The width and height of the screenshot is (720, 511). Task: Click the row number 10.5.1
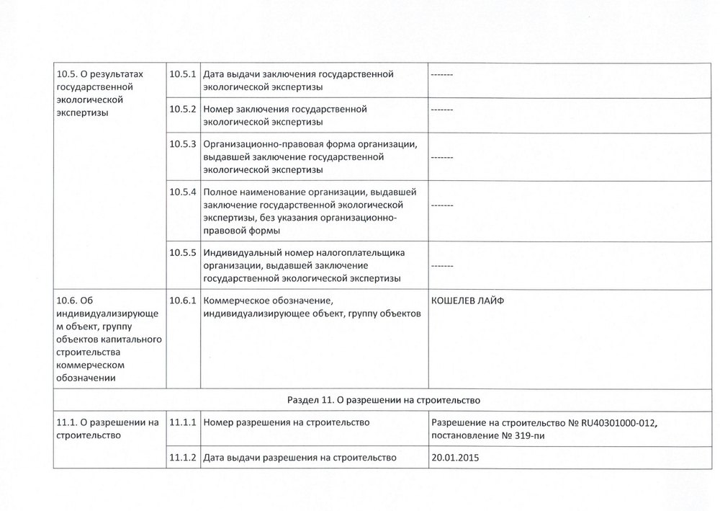[x=183, y=74]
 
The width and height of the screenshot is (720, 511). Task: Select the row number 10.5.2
[x=183, y=109]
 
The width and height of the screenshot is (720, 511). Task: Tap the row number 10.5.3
[x=183, y=143]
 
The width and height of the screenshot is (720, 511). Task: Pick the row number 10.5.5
[x=183, y=253]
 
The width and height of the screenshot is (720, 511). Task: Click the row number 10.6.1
[x=183, y=301]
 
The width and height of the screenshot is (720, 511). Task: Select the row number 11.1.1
[x=183, y=422]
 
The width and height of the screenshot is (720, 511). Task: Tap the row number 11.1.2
[x=183, y=457]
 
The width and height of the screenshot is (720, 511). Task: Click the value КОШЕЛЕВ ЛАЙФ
[x=468, y=301]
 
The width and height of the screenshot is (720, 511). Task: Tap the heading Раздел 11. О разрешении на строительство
[x=384, y=399]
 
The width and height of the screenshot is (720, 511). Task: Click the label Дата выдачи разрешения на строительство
[x=300, y=457]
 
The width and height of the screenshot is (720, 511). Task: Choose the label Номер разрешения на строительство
[x=287, y=422]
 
